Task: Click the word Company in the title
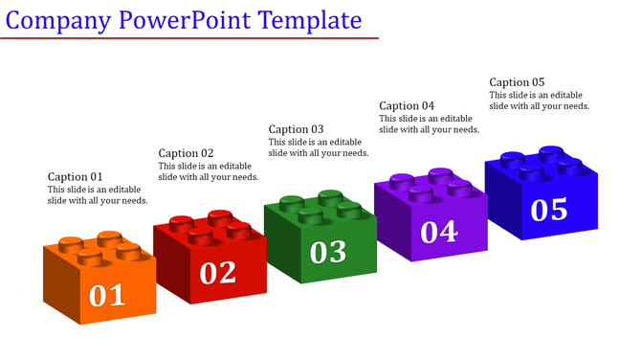click(x=53, y=20)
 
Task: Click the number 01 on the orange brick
click(x=107, y=295)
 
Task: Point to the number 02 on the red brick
click(x=217, y=273)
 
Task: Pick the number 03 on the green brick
click(x=328, y=251)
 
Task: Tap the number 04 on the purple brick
click(x=439, y=231)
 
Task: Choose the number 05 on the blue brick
click(x=549, y=209)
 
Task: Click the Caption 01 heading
click(x=76, y=177)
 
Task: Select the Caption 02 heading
click(x=186, y=153)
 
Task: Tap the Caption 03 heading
click(x=296, y=129)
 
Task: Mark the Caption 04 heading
click(x=407, y=105)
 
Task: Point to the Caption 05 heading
click(x=517, y=82)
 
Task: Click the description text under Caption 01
click(x=98, y=195)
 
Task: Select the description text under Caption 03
click(x=318, y=147)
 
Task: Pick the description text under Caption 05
click(x=539, y=101)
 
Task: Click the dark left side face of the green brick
click(x=280, y=246)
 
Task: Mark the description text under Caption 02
click(x=208, y=171)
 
